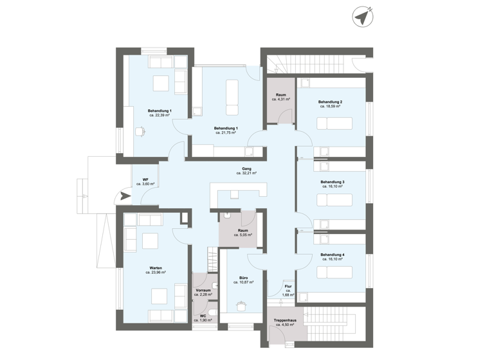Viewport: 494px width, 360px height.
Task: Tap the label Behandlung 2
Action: (329, 102)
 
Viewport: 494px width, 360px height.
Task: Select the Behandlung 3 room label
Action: (333, 182)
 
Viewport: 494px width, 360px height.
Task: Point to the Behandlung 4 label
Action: (333, 255)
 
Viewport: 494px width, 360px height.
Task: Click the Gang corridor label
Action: (246, 168)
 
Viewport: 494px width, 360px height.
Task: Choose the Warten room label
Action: (155, 267)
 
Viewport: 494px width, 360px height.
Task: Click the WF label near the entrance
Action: (145, 179)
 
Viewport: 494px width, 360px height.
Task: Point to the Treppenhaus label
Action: (284, 320)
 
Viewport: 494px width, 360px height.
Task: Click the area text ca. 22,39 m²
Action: (159, 116)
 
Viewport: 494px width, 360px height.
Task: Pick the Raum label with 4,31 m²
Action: (280, 95)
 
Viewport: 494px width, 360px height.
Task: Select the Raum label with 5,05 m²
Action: (243, 230)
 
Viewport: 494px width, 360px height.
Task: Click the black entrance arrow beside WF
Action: (122, 197)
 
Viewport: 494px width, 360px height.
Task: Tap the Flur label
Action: (288, 286)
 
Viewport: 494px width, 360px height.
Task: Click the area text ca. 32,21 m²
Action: (246, 174)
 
